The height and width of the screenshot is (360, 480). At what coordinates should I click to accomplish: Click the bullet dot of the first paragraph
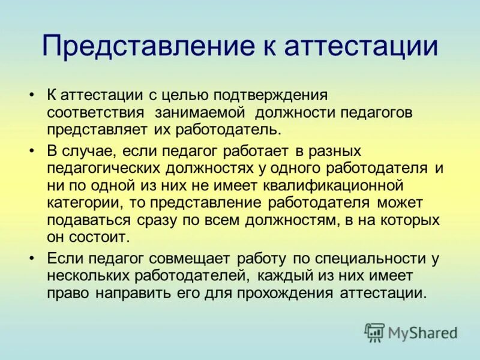(x=32, y=96)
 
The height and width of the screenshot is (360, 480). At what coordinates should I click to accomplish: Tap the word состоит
(x=98, y=237)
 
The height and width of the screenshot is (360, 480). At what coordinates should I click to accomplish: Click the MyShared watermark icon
(x=374, y=332)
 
